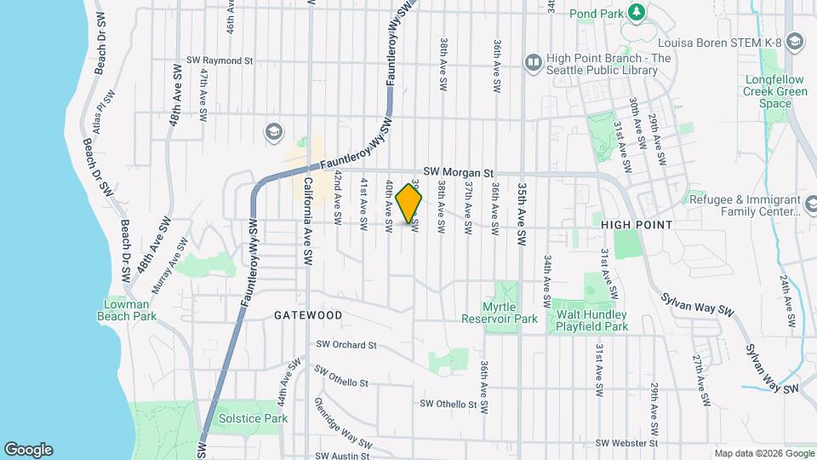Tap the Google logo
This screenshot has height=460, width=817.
pyautogui.click(x=28, y=450)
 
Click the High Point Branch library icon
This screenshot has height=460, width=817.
pyautogui.click(x=534, y=62)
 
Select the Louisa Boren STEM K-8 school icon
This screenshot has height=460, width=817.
pyautogui.click(x=794, y=42)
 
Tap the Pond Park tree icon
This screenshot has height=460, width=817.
pyautogui.click(x=635, y=12)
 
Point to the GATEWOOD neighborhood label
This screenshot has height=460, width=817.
pyautogui.click(x=308, y=315)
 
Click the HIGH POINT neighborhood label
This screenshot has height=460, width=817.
pyautogui.click(x=637, y=225)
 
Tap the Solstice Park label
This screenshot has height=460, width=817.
pyautogui.click(x=253, y=418)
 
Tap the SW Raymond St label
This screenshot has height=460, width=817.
pyautogui.click(x=222, y=61)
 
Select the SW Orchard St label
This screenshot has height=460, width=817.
pyautogui.click(x=346, y=345)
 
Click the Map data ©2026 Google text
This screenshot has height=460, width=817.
pyautogui.click(x=763, y=452)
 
